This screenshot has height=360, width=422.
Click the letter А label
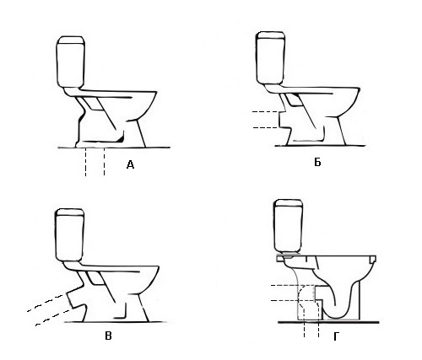tap(130, 164)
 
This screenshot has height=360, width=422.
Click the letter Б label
tap(317, 162)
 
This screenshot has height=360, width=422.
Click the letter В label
tap(108, 336)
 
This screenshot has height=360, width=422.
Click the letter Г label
tap(337, 336)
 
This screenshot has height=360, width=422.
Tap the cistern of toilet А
tap(71, 62)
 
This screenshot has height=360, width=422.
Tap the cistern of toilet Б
tap(271, 57)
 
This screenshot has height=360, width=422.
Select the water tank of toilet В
tap(70, 235)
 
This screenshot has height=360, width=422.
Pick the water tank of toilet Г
tap(289, 226)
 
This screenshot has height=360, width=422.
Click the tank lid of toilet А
tap(71, 40)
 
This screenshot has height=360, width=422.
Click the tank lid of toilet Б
tap(271, 35)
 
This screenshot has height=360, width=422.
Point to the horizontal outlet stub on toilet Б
tap(284, 121)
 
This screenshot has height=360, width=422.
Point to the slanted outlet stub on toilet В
tap(75, 298)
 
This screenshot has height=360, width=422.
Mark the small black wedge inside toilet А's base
tap(122, 137)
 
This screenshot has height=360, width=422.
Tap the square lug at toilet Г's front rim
tap(373, 259)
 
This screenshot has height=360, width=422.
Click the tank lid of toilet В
tap(70, 212)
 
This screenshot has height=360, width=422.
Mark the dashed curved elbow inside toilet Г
tap(305, 298)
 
